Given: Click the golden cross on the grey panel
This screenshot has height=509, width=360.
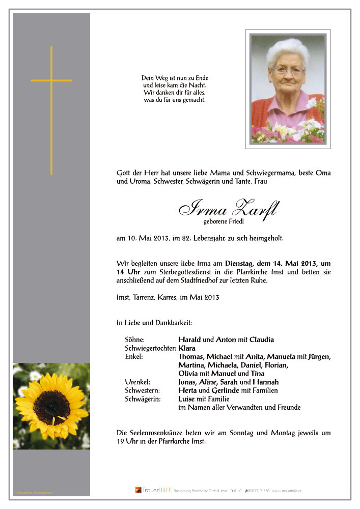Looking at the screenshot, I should pos(51,80).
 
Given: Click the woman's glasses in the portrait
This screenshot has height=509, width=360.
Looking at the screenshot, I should pos(289,72).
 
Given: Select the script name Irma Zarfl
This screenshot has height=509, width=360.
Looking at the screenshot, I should pos(228,208).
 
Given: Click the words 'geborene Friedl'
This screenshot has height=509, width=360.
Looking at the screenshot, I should pos(224,221).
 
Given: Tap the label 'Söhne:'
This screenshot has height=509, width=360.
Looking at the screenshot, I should pos(135,340).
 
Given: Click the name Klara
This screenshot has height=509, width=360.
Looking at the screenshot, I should pos(187,348).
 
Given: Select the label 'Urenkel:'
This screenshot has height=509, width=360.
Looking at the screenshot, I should pos(137,382).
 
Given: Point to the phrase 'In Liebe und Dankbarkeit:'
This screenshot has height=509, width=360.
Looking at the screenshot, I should pos(154,323).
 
